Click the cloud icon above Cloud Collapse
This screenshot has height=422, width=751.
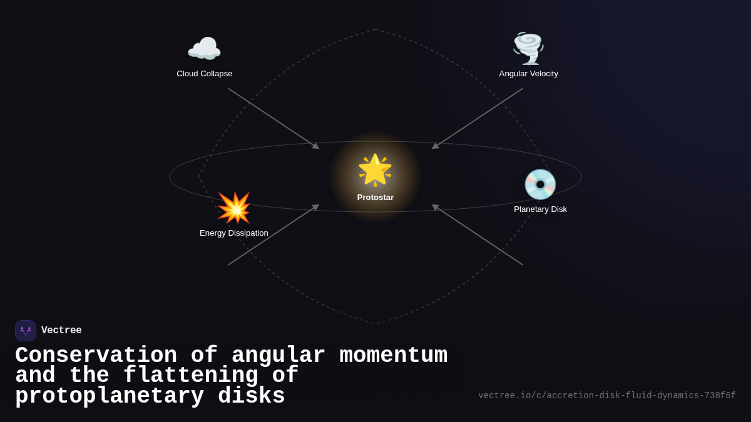pos(204,49)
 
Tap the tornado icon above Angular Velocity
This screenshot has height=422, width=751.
pos(528,48)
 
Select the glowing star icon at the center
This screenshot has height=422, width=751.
pos(375,170)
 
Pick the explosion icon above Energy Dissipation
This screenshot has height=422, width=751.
pos(233,208)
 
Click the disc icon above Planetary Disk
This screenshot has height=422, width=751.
pos(540,184)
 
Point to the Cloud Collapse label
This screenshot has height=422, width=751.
pos(204,74)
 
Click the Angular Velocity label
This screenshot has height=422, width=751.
pos(528,74)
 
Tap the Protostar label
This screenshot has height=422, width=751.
pos(375,198)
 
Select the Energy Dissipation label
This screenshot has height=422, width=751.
pos(233,233)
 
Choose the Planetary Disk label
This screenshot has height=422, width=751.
pos(540,209)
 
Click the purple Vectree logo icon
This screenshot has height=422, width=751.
pos(26,331)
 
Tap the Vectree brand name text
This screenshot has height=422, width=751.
pos(61,331)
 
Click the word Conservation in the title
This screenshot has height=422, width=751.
pos(96,356)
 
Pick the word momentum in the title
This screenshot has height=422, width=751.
pos(393,356)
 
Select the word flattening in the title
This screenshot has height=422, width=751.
pos(190,376)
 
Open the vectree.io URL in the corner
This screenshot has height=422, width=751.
pos(606,396)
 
